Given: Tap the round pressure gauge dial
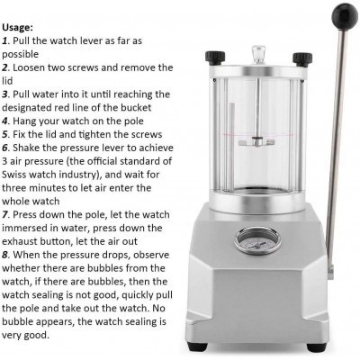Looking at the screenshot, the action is (257, 240).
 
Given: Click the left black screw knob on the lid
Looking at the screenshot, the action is (215, 58).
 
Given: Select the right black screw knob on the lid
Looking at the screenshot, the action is (302, 59).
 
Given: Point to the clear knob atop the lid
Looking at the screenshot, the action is (258, 54).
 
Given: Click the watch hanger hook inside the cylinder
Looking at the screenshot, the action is (257, 141).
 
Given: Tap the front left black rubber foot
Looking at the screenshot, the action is (196, 346).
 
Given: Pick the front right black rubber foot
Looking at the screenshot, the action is (317, 347).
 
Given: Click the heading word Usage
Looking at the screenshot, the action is (17, 28).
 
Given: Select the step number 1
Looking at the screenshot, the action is (4, 40).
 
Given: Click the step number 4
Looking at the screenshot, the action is (4, 121).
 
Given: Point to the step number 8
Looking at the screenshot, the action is (4, 255).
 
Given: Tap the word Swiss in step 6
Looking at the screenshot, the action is (12, 175).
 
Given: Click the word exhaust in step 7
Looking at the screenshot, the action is (18, 241).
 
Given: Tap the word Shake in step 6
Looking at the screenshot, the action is (28, 148).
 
